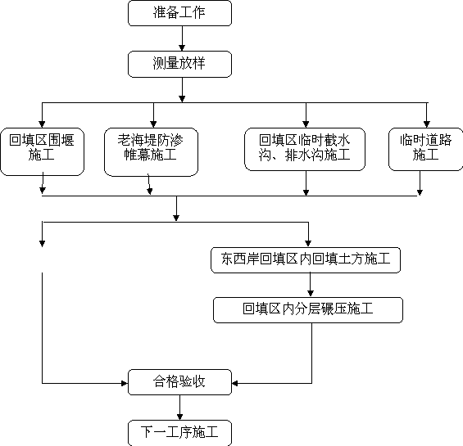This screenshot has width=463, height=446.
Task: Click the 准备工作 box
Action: click(179, 13)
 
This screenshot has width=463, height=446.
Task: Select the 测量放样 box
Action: click(179, 64)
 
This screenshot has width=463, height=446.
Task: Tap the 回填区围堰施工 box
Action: click(43, 151)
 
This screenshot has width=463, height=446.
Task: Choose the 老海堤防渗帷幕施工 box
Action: click(151, 152)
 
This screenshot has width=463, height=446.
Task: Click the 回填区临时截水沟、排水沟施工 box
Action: click(305, 149)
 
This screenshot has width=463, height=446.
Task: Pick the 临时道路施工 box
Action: click(426, 149)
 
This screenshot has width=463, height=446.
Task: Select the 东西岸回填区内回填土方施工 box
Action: click(306, 260)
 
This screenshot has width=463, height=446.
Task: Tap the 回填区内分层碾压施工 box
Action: click(308, 310)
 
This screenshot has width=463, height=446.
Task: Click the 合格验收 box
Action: click(179, 382)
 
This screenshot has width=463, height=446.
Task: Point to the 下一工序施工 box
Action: click(179, 433)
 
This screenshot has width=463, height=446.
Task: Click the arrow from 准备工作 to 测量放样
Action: click(182, 38)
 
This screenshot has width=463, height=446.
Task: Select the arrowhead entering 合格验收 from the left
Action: click(125, 383)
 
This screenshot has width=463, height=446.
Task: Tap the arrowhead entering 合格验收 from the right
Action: click(235, 383)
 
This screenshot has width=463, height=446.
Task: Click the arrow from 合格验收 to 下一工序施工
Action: click(179, 408)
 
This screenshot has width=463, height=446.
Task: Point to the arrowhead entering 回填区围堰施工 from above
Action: click(43, 124)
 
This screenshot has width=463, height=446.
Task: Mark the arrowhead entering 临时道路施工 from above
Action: click(427, 124)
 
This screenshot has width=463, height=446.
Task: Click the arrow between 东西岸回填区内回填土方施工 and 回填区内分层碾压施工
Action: click(311, 285)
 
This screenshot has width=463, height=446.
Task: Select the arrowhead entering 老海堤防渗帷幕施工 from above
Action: click(153, 124)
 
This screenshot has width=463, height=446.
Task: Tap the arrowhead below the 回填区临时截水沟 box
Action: click(306, 192)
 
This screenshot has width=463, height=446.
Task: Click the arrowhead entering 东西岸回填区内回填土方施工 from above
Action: click(308, 244)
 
